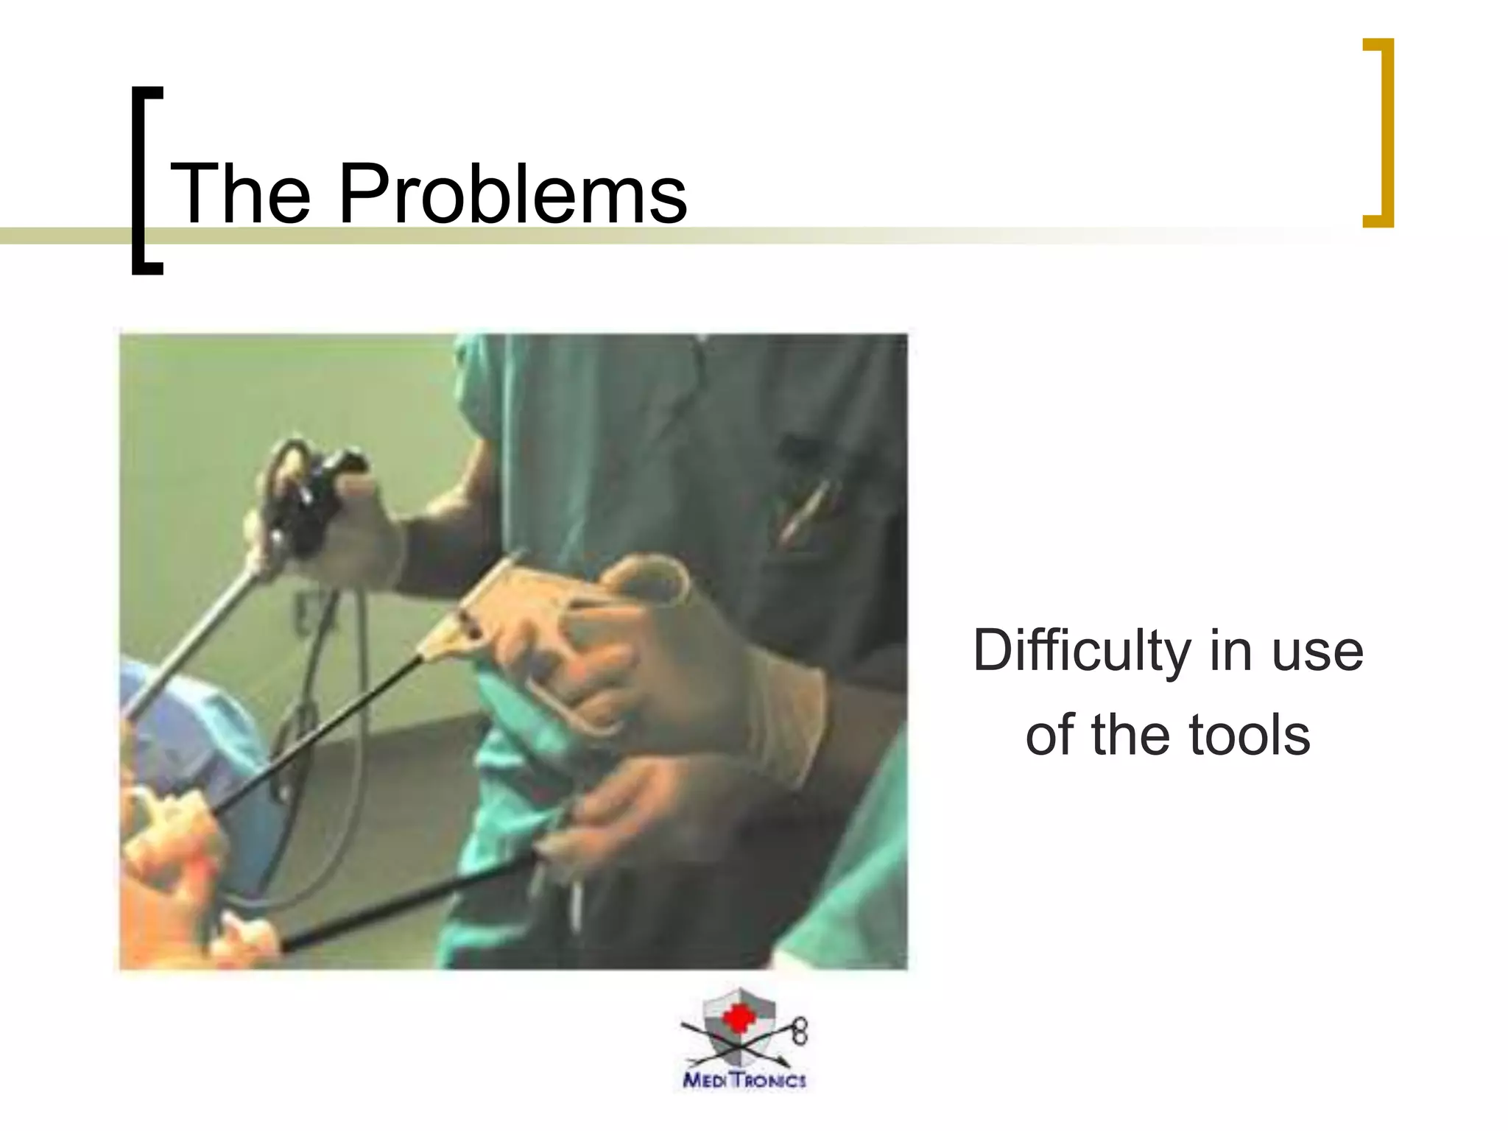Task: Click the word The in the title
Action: [x=240, y=194]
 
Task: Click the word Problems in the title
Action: [x=512, y=194]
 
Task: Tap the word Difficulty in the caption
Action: [x=1081, y=651]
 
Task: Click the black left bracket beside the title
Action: [x=145, y=180]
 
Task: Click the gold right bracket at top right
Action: [x=1381, y=133]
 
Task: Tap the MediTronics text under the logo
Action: [x=744, y=1080]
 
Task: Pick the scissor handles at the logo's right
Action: [x=800, y=1032]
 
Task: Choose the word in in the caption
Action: [x=1231, y=651]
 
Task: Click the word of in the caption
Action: [x=1050, y=735]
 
